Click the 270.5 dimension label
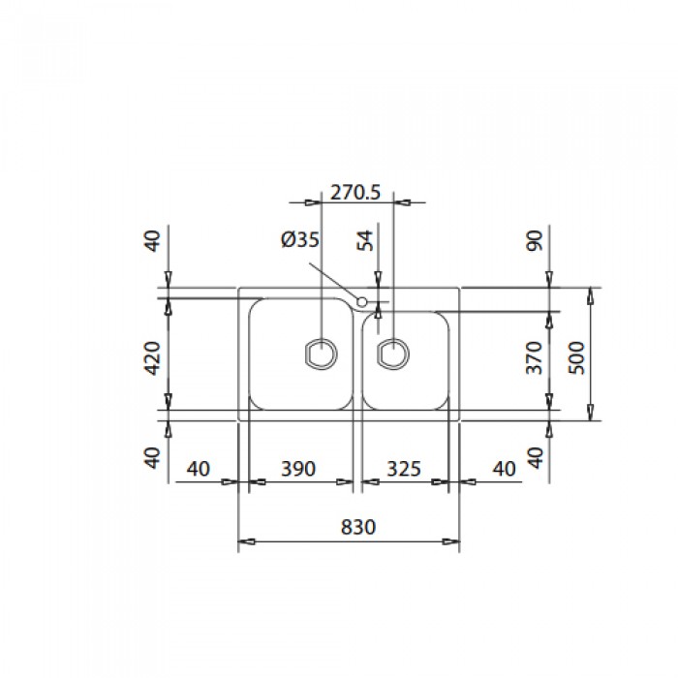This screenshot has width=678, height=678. [355, 193]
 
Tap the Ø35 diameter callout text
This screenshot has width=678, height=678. [300, 239]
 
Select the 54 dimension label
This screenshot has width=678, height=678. [365, 241]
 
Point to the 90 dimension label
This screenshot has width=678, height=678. [535, 241]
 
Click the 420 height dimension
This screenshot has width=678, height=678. [152, 358]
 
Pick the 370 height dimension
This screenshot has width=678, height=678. [535, 358]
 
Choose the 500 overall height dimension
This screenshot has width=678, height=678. [577, 358]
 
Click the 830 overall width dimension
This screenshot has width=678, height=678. [358, 527]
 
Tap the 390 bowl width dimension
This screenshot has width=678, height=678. [298, 469]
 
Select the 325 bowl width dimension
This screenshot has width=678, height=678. [404, 469]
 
